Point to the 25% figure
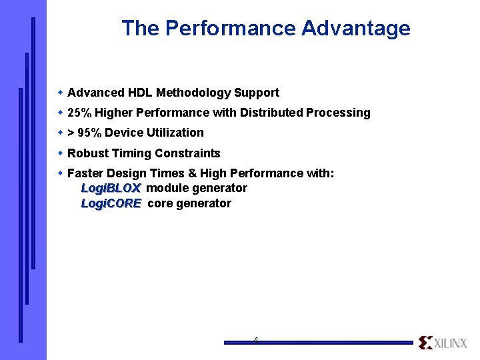(x=80, y=113)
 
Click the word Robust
(x=87, y=153)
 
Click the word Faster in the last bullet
(x=85, y=173)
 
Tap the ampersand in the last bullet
(x=193, y=173)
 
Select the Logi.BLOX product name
(x=110, y=188)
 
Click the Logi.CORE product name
(x=111, y=203)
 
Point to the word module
(x=167, y=188)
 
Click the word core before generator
(x=159, y=203)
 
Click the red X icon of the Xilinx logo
(x=425, y=343)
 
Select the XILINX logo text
(x=451, y=343)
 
